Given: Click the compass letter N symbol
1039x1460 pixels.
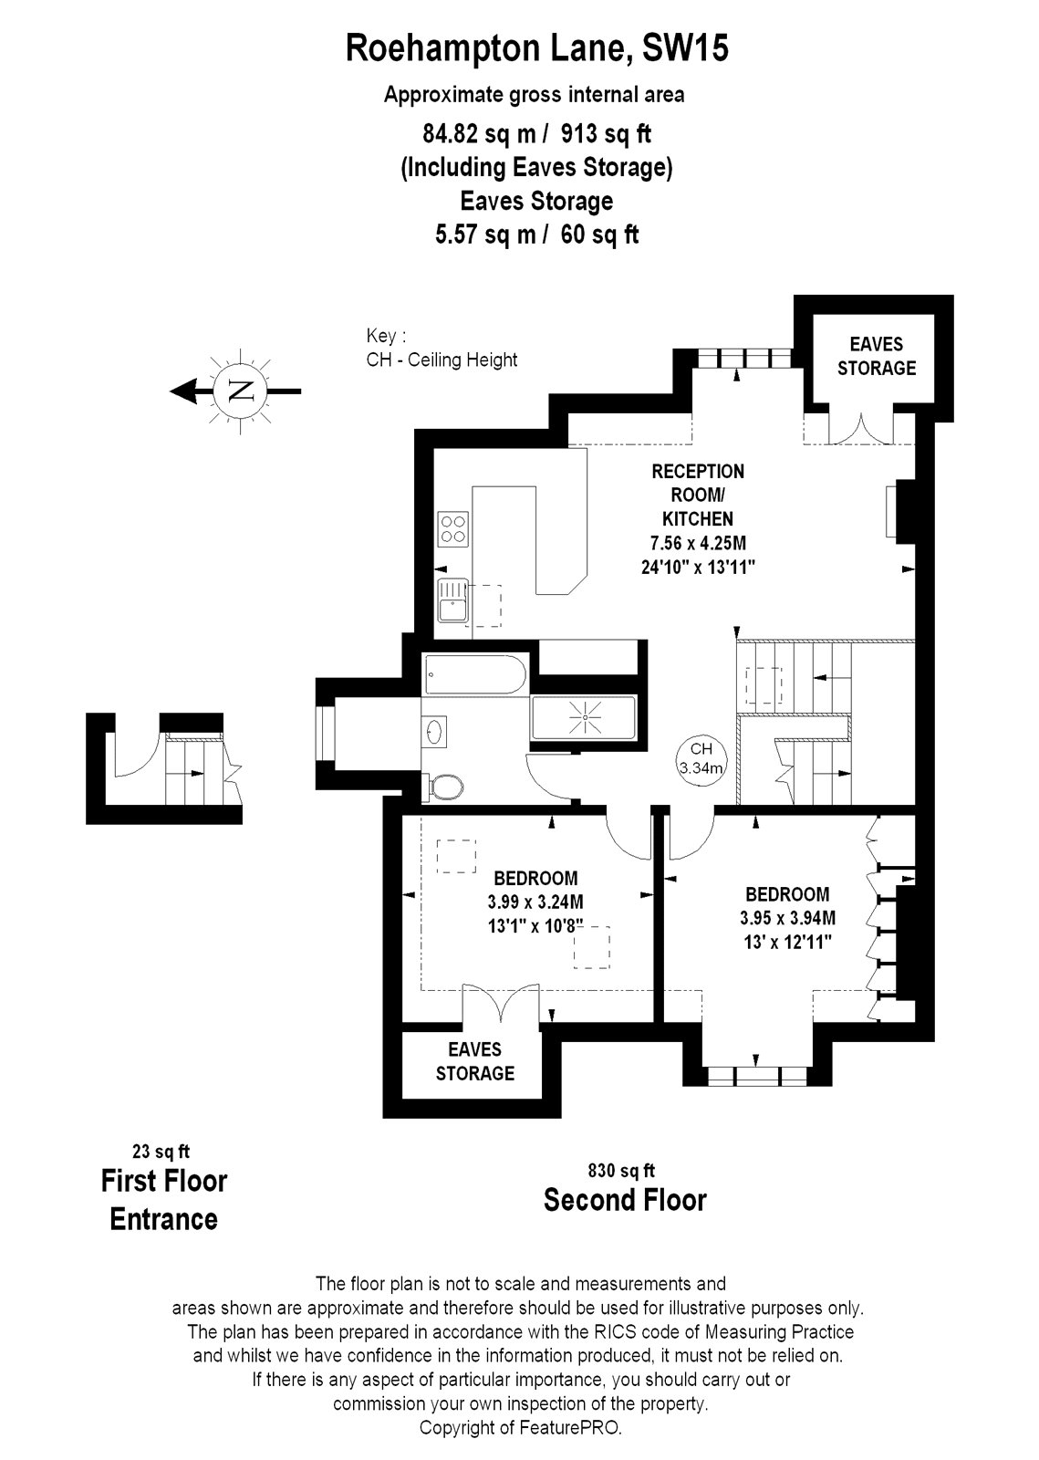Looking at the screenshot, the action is pos(241,391).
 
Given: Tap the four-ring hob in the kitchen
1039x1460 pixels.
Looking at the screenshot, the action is pos(453,528).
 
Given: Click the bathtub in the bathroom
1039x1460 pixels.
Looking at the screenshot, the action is pos(475,674).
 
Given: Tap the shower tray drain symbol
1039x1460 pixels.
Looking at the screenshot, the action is pos(585,717).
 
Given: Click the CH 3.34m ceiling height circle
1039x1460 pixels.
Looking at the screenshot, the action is pos(701,759).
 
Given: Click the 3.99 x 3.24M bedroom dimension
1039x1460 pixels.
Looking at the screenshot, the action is pos(535,902).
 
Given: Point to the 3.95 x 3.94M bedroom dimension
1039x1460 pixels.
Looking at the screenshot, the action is pos(787,918).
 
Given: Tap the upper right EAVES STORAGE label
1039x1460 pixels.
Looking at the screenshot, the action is pos(876,356).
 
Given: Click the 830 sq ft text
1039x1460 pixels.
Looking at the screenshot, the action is pos(621,1171).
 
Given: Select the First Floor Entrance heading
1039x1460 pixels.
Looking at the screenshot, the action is pos(163,1200).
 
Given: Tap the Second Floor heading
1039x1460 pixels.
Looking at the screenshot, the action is pos(625,1200).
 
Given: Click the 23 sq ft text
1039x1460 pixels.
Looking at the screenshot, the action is pos(161,1152).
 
